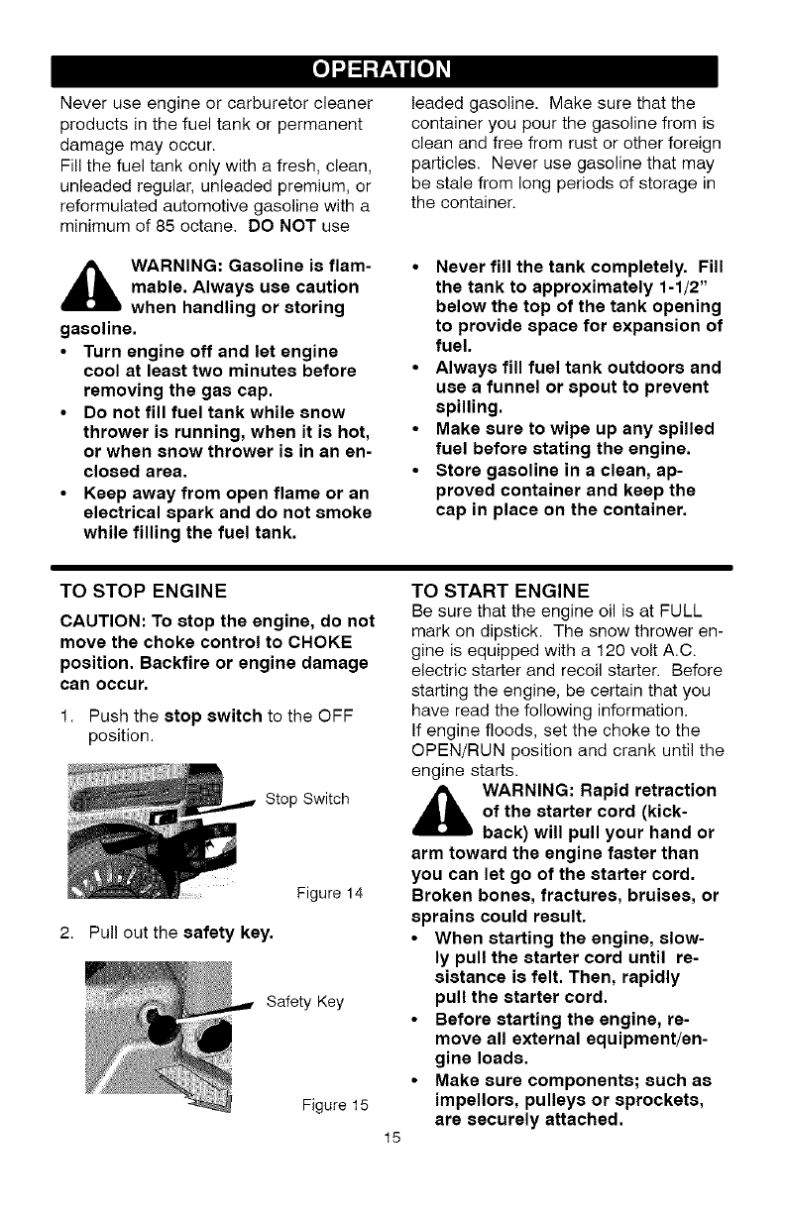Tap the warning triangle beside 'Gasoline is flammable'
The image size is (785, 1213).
coord(92,288)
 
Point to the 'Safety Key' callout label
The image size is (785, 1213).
coord(305,1002)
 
